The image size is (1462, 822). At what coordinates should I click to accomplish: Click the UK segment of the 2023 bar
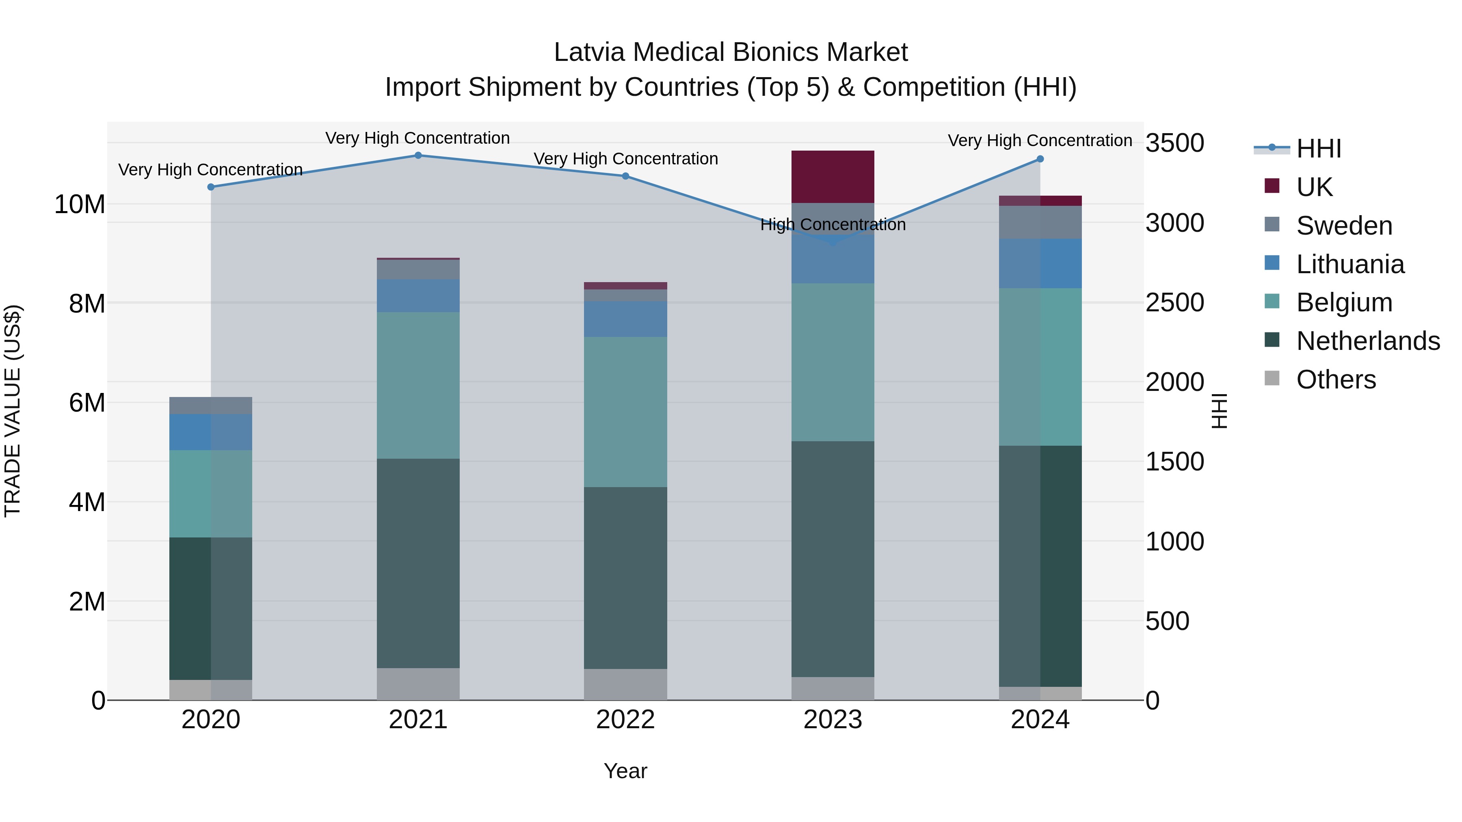pyautogui.click(x=833, y=177)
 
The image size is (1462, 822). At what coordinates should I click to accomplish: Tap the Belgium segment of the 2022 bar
pyautogui.click(x=625, y=412)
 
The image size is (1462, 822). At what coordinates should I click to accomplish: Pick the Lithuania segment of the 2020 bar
pyautogui.click(x=210, y=432)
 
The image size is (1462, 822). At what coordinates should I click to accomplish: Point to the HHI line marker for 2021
pyautogui.click(x=418, y=155)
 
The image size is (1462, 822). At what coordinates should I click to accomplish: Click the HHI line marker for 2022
pyautogui.click(x=625, y=176)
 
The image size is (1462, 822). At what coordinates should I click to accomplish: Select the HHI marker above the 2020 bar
pyautogui.click(x=210, y=187)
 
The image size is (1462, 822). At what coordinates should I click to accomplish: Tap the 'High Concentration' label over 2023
pyautogui.click(x=833, y=224)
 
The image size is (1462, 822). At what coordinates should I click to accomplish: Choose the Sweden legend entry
pyautogui.click(x=1344, y=226)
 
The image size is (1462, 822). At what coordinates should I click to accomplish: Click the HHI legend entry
pyautogui.click(x=1318, y=149)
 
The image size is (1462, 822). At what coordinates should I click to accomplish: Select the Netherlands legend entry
pyautogui.click(x=1368, y=341)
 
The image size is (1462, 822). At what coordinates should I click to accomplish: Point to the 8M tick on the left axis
pyautogui.click(x=87, y=304)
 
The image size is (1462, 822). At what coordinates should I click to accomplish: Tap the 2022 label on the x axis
pyautogui.click(x=625, y=720)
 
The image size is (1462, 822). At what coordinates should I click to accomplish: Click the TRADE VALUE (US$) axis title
pyautogui.click(x=13, y=411)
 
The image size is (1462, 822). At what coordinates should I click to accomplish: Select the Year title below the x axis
pyautogui.click(x=625, y=771)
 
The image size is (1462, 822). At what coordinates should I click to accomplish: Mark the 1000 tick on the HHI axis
pyautogui.click(x=1174, y=542)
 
